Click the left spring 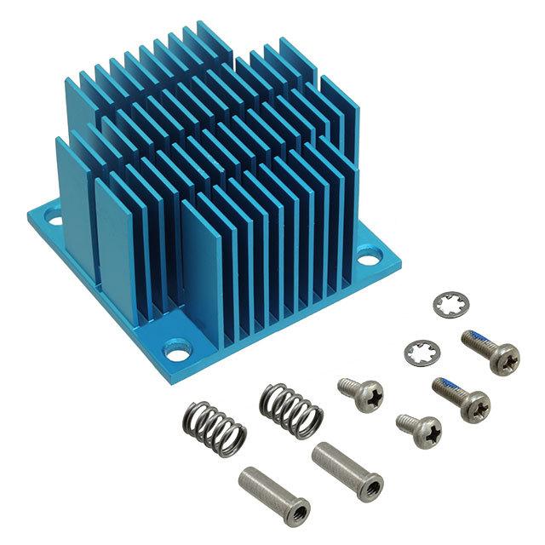(x=214, y=426)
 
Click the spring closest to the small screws (x=291, y=407)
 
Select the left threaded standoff (x=262, y=491)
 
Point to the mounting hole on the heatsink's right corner (x=372, y=253)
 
